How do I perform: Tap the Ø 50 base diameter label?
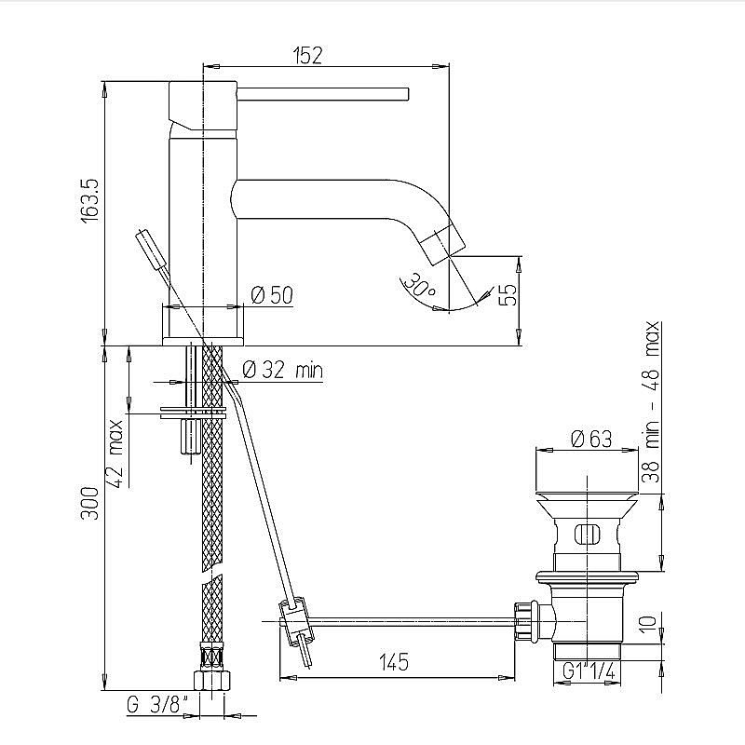point(272,295)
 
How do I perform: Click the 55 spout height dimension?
point(507,295)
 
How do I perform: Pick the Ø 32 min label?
point(282,370)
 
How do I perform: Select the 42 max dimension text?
point(116,448)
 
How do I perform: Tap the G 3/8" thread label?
point(158,703)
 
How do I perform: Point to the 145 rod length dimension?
point(395,662)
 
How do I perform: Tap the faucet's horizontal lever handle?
point(326,93)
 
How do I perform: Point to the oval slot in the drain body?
point(588,535)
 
